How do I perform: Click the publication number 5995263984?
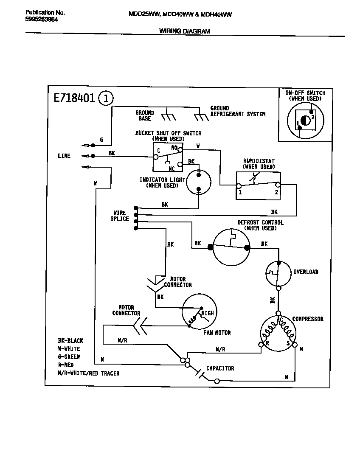pyautogui.click(x=41, y=20)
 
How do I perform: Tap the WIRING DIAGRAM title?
pyautogui.click(x=184, y=31)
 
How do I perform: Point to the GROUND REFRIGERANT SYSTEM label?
pyautogui.click(x=238, y=112)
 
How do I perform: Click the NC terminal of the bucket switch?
pyautogui.click(x=180, y=164)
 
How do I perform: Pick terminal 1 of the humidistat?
pyautogui.click(x=239, y=186)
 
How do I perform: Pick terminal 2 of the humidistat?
pyautogui.click(x=278, y=185)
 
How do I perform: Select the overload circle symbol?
pyautogui.click(x=278, y=272)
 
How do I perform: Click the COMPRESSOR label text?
pyautogui.click(x=308, y=319)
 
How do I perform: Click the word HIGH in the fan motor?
pyautogui.click(x=208, y=313)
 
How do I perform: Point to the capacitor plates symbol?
pyautogui.click(x=200, y=373)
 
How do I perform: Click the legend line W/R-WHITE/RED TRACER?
pyautogui.click(x=88, y=373)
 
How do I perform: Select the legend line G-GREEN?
pyautogui.click(x=68, y=357)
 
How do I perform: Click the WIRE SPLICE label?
pyautogui.click(x=120, y=216)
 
